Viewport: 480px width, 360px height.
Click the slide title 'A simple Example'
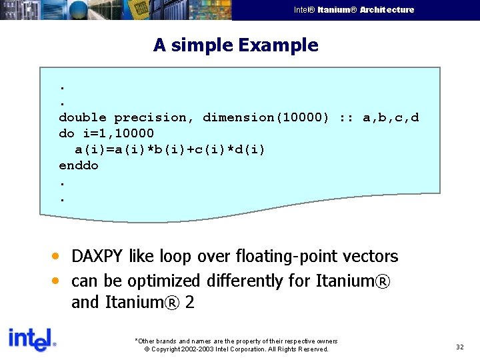[235, 45]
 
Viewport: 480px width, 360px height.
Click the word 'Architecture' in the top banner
[387, 10]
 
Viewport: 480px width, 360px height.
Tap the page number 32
[459, 347]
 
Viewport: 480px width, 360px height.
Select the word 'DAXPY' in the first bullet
[97, 257]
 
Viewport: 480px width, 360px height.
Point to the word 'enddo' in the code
[79, 165]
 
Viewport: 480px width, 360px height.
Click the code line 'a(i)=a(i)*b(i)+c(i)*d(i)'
[169, 149]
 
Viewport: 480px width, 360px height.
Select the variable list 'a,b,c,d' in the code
[391, 117]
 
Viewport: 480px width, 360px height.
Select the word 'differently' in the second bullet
[244, 281]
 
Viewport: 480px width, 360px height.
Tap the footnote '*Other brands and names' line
[236, 341]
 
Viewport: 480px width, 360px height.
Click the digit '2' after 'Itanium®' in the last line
[190, 303]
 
